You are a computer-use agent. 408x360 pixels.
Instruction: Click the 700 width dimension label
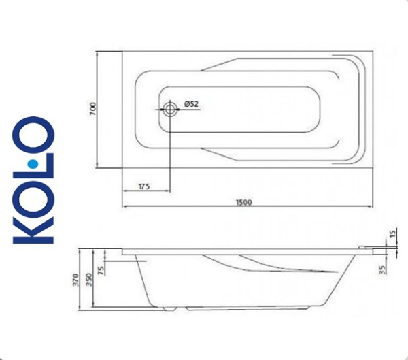coord(93,109)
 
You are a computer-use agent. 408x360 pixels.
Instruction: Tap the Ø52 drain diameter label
coord(190,104)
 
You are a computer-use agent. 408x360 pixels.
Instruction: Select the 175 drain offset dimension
coord(143,186)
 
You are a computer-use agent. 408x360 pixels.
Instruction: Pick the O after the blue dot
coord(33,137)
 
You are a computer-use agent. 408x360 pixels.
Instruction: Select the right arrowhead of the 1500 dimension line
coord(372,206)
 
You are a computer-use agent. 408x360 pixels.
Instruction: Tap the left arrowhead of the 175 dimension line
coord(124,190)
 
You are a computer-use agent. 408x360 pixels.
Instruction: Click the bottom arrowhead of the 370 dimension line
coord(80,306)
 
